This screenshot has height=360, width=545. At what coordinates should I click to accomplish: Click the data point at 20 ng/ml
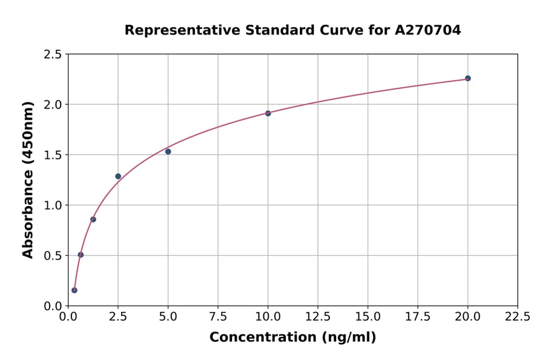[467, 78]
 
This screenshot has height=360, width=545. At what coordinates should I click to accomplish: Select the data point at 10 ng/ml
[268, 113]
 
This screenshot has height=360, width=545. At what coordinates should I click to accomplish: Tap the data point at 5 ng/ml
[168, 152]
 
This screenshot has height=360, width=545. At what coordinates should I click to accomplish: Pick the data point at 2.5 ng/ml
[118, 176]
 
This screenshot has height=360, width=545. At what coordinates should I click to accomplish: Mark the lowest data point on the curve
[74, 290]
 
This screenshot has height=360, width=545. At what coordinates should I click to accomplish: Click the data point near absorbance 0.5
[81, 255]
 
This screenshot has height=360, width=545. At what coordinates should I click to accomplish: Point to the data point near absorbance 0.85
[93, 219]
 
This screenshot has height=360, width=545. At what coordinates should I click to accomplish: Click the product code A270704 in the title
[429, 30]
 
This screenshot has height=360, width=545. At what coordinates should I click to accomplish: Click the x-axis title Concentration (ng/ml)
[292, 337]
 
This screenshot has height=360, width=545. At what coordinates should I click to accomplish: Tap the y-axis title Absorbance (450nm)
[28, 180]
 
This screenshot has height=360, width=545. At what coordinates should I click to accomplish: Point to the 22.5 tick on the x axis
[517, 316]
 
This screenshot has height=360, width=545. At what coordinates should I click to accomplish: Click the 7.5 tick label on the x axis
[218, 316]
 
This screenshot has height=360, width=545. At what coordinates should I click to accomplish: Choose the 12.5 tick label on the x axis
[317, 316]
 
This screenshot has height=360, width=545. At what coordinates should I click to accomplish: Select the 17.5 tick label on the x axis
[417, 316]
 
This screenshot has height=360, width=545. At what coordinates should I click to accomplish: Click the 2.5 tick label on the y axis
[53, 55]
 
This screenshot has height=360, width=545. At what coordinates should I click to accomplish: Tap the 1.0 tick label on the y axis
[53, 205]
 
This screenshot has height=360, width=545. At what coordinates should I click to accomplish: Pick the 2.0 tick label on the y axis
[53, 105]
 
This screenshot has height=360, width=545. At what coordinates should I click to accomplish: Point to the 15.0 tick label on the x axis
[368, 316]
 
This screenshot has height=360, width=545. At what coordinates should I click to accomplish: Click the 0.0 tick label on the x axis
[68, 316]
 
